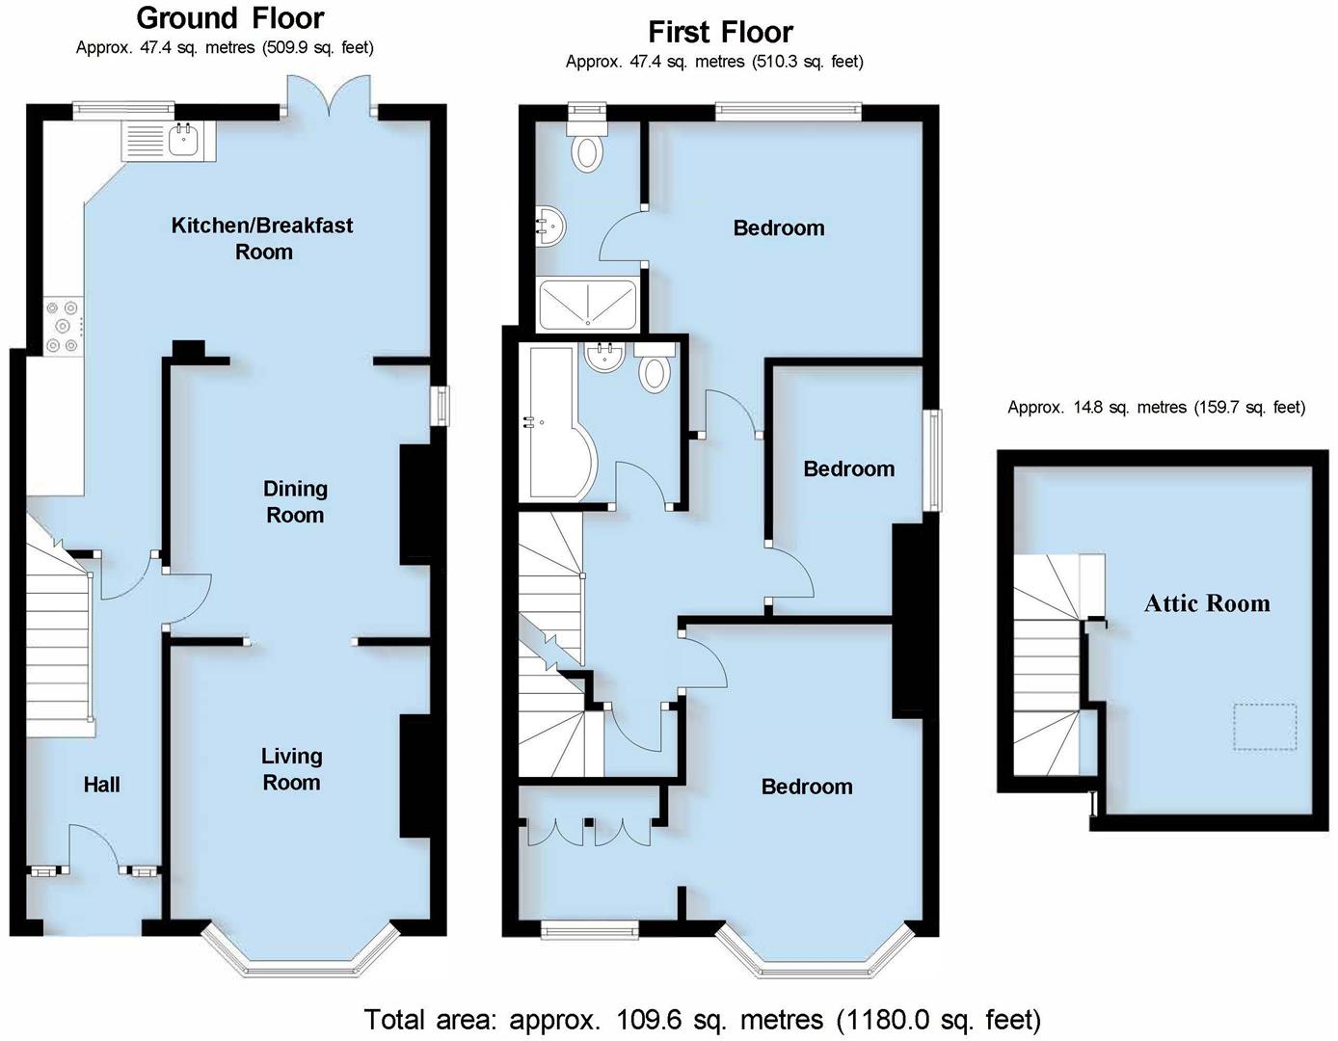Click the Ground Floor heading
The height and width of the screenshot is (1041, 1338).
230,18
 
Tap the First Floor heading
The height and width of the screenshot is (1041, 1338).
720,32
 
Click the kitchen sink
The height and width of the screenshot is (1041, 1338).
182,141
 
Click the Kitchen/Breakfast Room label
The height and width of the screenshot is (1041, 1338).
262,238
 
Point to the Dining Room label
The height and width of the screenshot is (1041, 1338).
295,501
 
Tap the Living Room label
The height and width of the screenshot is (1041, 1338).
291,769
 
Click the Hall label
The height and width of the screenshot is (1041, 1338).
101,785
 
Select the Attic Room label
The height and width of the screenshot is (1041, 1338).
1207,603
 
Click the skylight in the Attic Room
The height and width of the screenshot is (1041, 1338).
1265,728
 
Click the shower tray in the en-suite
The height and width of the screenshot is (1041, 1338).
587,304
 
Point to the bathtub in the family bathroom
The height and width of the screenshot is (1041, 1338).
553,422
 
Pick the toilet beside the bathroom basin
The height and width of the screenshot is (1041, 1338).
655,369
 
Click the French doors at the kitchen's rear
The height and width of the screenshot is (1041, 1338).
329,94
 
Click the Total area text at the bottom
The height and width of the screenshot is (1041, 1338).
702,1019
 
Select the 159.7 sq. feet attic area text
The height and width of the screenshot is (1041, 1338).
1156,408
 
